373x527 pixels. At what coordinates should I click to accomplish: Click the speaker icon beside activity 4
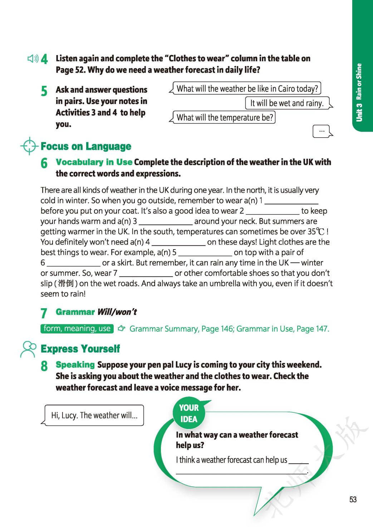click(x=33, y=59)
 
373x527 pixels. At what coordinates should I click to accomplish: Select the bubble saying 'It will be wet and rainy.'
click(x=287, y=103)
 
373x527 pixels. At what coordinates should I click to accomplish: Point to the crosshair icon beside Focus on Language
click(x=29, y=146)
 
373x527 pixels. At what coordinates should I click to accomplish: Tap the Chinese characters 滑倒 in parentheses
click(x=65, y=284)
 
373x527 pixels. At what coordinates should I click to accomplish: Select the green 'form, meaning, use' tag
click(x=77, y=329)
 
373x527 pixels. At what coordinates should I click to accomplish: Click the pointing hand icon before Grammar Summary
click(x=122, y=329)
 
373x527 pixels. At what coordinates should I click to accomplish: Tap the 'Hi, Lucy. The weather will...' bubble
click(x=94, y=415)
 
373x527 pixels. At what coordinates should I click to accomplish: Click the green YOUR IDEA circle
click(x=188, y=413)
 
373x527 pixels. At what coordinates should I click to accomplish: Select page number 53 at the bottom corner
click(x=353, y=499)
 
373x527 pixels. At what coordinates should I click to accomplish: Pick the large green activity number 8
click(x=44, y=366)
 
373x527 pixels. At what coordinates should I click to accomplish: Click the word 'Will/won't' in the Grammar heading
click(x=117, y=312)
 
